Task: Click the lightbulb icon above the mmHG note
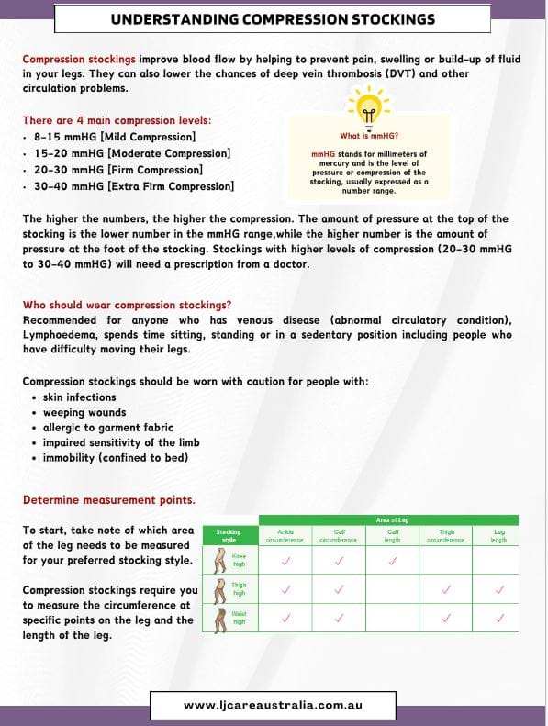367,107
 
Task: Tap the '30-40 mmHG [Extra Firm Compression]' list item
129,186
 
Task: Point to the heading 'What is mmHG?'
367,135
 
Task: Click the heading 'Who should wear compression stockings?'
127,305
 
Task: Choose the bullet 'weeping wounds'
79,412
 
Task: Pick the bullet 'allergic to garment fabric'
108,428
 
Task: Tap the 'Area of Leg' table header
392,520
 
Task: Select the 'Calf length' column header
392,536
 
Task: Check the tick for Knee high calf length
392,560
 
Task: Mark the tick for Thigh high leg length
498,589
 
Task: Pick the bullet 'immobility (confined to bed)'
116,457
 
